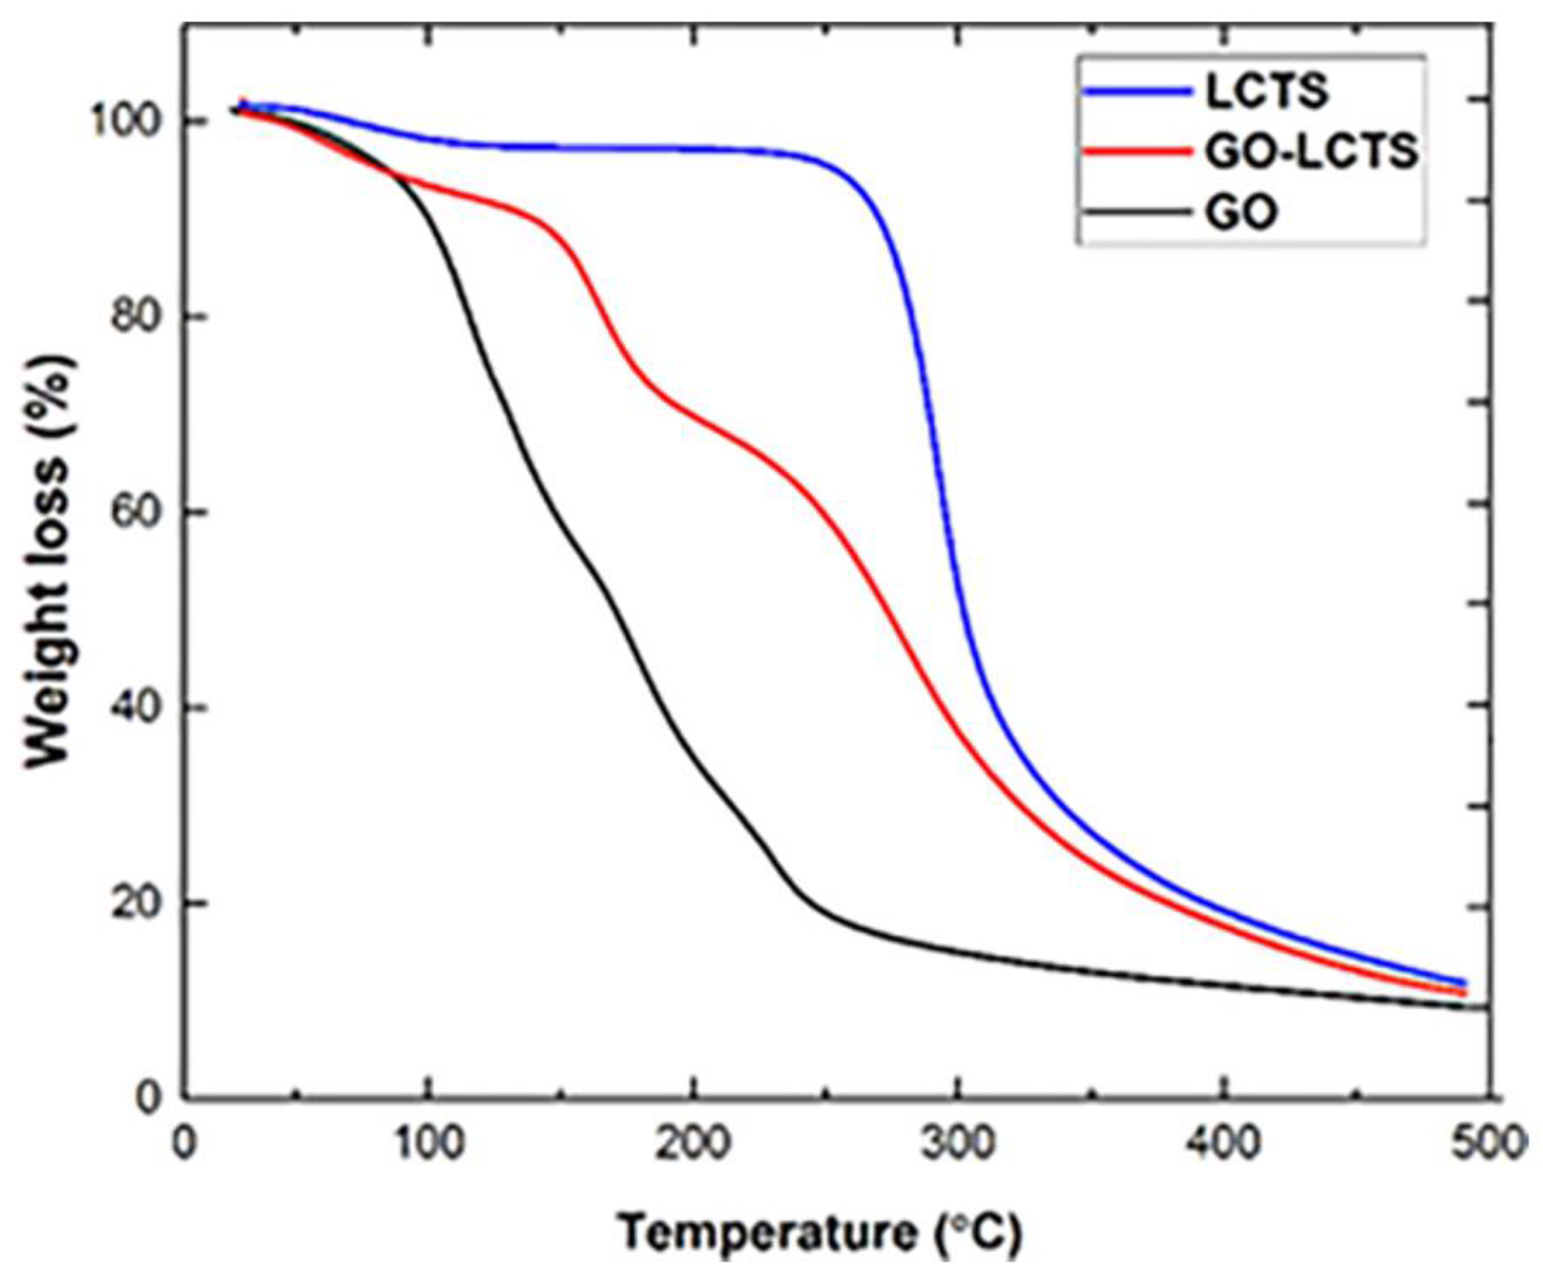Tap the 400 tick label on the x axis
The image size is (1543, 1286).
(1223, 1144)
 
